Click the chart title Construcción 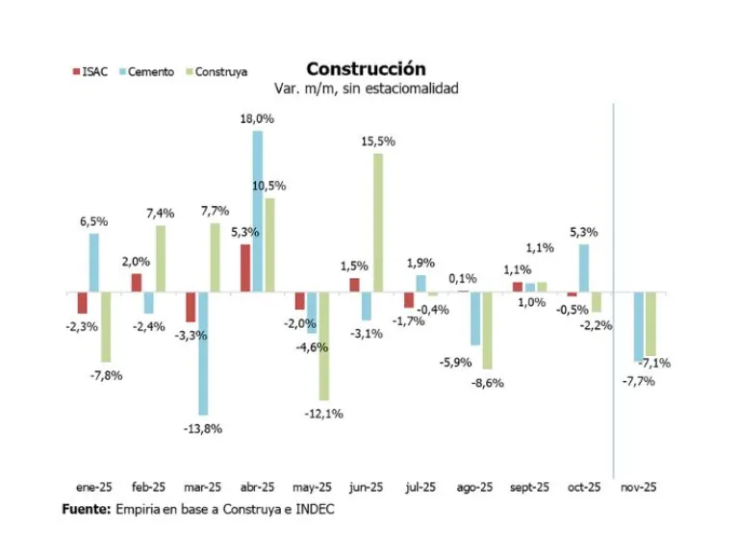365,69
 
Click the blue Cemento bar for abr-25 257,211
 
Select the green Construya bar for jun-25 378,222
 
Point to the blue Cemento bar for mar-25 203,353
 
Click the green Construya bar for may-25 323,345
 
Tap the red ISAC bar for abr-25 245,267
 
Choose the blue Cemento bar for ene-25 94,262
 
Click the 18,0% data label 258,119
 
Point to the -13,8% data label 203,428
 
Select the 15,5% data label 378,141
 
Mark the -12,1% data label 324,414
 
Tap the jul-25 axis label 422,488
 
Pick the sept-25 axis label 529,488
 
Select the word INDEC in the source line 313,509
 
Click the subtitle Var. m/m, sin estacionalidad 366,89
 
